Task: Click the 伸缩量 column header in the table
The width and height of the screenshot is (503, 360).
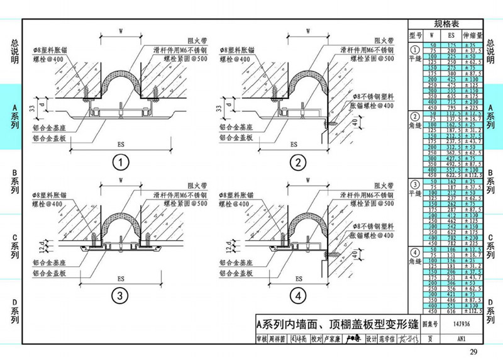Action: [473, 35]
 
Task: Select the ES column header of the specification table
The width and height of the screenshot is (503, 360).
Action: [451, 35]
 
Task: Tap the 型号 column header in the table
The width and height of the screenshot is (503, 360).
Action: [414, 35]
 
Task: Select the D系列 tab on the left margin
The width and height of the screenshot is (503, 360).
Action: [14, 311]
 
